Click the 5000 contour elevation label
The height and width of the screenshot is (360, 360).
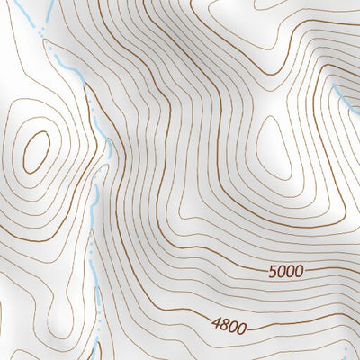pyautogui.click(x=285, y=270)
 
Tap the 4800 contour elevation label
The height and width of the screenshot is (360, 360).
pyautogui.click(x=229, y=325)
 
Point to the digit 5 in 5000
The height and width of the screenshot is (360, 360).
pyautogui.click(x=272, y=270)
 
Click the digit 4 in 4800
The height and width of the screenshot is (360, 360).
pyautogui.click(x=217, y=325)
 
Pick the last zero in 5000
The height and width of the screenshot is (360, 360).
pyautogui.click(x=299, y=270)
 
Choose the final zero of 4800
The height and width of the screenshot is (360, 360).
pyautogui.click(x=242, y=325)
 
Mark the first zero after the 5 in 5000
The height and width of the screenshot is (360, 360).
pyautogui.click(x=281, y=270)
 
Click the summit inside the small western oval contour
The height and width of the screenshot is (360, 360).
pyautogui.click(x=37, y=152)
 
